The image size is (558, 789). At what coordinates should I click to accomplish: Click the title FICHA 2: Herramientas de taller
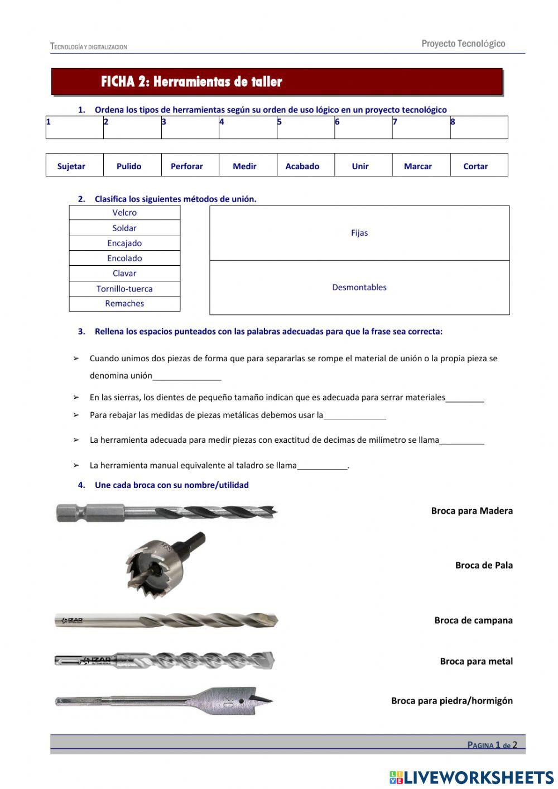point(191,82)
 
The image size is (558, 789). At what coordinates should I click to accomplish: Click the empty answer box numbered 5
point(305,128)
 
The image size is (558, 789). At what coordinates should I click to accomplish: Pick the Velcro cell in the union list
point(124,213)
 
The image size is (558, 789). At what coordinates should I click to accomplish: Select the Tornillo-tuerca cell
point(124,289)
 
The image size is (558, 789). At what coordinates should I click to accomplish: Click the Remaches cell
point(124,304)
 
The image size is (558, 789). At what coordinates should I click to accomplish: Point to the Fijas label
point(359,233)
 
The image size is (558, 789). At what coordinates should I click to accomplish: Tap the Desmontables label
point(359,288)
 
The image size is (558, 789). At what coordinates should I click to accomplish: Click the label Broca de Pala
point(483,565)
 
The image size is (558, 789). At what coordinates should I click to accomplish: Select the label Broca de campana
point(473,620)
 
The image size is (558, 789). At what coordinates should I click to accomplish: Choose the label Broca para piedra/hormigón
point(451,701)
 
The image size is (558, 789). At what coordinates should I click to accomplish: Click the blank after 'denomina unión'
point(187,376)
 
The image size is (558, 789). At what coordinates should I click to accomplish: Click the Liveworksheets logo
point(471,777)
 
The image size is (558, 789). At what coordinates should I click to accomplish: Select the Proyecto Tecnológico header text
point(463,44)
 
